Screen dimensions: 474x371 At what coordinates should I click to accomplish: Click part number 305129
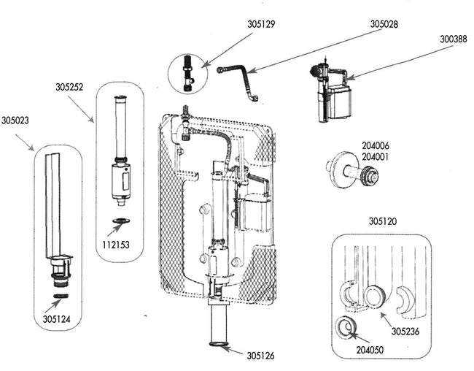[261, 24]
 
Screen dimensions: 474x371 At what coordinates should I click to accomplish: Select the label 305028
[384, 24]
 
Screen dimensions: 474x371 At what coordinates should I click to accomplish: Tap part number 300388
[453, 39]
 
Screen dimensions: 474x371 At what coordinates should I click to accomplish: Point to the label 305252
[69, 87]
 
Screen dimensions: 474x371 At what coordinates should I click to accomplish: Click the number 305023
[15, 121]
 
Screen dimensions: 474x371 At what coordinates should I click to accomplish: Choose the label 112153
[116, 245]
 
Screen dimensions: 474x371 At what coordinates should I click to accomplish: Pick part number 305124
[57, 319]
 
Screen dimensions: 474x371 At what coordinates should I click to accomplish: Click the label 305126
[260, 356]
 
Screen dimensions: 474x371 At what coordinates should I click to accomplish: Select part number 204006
[376, 146]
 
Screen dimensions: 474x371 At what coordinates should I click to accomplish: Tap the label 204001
[376, 157]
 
